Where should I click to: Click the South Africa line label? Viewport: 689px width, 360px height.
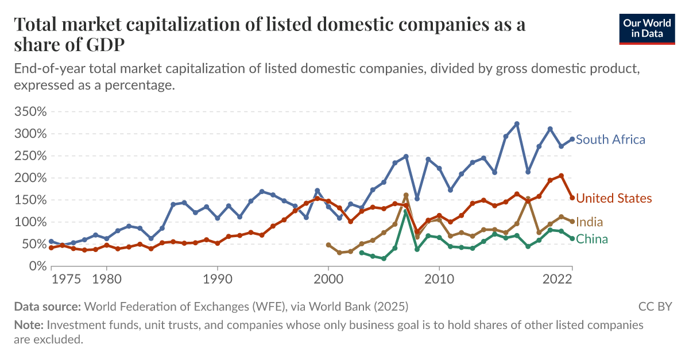pos(610,140)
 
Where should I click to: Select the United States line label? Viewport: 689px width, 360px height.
pos(614,199)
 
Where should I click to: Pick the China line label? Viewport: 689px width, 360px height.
pos(591,239)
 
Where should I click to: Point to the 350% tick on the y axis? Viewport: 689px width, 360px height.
pos(29,111)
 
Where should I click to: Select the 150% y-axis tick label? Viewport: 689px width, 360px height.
pos(29,200)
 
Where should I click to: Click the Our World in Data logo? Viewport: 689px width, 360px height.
pos(647,27)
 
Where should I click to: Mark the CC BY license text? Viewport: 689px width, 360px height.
pos(655,307)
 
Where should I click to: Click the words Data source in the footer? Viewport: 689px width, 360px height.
pos(48,307)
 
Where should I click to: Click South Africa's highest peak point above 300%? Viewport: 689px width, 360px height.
pos(517,124)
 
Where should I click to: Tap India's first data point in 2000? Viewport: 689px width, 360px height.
pos(328,245)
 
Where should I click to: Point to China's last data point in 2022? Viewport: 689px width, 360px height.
pos(572,238)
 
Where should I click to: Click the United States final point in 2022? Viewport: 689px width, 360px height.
pos(572,198)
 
